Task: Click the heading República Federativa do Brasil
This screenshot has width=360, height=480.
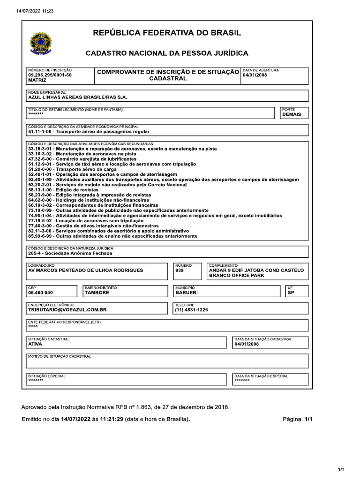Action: [167, 33]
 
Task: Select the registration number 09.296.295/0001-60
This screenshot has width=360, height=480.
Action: [50, 75]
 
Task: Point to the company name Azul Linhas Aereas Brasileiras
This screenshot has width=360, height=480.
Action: [78, 97]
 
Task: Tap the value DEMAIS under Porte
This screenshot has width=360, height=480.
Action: [292, 114]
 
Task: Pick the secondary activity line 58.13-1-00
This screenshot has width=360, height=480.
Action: [63, 190]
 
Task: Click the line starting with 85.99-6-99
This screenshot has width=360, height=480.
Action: [112, 236]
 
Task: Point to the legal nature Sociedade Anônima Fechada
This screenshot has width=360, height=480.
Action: [70, 254]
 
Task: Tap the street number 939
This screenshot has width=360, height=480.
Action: [179, 270]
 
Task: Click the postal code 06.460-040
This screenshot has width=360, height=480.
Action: [40, 292]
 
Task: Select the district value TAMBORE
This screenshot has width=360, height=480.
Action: [97, 292]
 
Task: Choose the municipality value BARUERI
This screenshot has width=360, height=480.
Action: [187, 292]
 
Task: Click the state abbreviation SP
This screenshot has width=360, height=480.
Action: [291, 292]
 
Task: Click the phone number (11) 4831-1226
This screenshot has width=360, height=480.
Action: [191, 310]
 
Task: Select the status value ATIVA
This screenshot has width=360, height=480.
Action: [35, 344]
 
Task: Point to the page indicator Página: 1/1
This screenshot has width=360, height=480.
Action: [297, 420]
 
